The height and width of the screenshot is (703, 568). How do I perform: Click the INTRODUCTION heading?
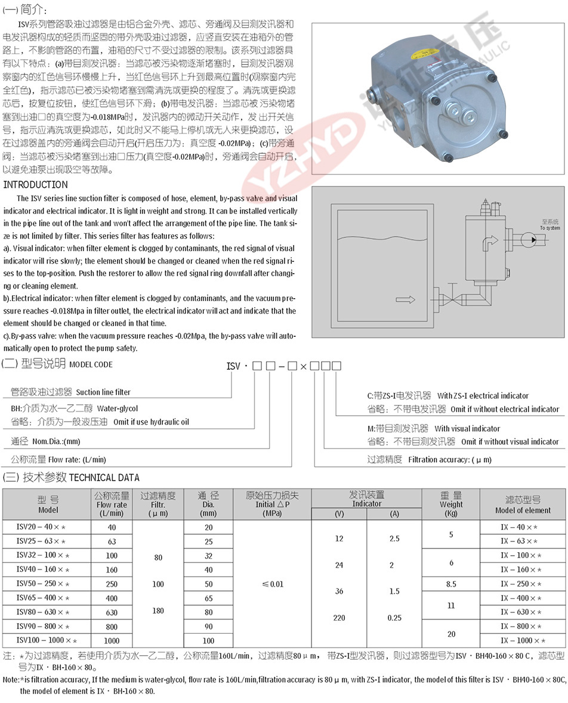pyautogui.click(x=35, y=185)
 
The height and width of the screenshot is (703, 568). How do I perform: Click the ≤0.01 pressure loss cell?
pyautogui.click(x=273, y=584)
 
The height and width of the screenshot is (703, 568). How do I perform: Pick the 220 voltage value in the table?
pyautogui.click(x=339, y=618)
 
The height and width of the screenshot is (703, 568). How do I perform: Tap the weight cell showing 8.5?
pyautogui.click(x=451, y=584)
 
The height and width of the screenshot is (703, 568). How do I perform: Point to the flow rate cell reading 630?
pyautogui.click(x=112, y=612)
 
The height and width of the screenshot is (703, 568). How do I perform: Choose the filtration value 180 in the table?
pyautogui.click(x=158, y=611)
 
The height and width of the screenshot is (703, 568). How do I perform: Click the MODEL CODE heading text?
pyautogui.click(x=91, y=364)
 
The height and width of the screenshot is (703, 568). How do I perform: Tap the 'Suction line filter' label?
pyautogui.click(x=103, y=392)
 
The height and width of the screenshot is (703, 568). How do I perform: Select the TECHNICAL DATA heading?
pyautogui.click(x=104, y=478)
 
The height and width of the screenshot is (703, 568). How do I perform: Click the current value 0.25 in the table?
pyautogui.click(x=394, y=618)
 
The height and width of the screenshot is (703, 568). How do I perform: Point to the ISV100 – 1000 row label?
pyautogui.click(x=47, y=640)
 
